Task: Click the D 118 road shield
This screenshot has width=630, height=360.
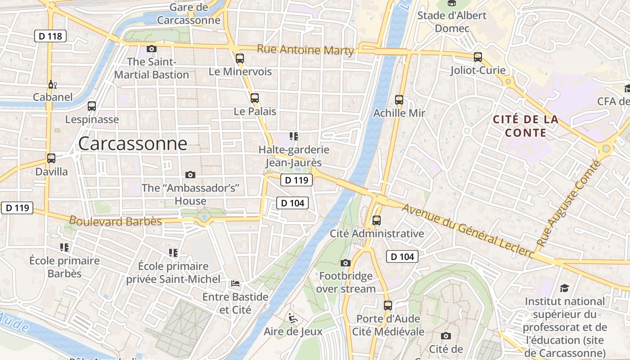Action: point(50,36)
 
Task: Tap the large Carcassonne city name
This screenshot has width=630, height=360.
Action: point(133,144)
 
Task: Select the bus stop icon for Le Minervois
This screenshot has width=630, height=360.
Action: point(240,58)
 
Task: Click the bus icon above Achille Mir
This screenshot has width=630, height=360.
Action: point(399,100)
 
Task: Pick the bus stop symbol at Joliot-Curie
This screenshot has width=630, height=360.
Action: point(478,57)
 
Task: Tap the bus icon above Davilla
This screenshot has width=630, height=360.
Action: point(51,158)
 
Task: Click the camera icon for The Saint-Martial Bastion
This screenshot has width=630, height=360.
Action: point(152,49)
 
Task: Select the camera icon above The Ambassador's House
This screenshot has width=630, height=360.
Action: point(190,175)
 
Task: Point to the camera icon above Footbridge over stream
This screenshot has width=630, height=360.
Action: point(346,263)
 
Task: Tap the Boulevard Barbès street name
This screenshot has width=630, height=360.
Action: point(116,221)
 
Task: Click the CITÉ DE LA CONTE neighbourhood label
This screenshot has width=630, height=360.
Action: point(526,126)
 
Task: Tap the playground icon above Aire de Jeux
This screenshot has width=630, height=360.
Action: point(293,319)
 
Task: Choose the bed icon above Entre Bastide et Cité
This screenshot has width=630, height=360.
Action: point(235,283)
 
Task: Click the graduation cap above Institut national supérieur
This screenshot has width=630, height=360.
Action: point(564,288)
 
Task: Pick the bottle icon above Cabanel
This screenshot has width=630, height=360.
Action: point(52,84)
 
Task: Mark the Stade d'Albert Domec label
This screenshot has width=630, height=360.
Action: point(452,22)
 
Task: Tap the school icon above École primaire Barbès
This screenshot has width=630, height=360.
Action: point(64,247)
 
